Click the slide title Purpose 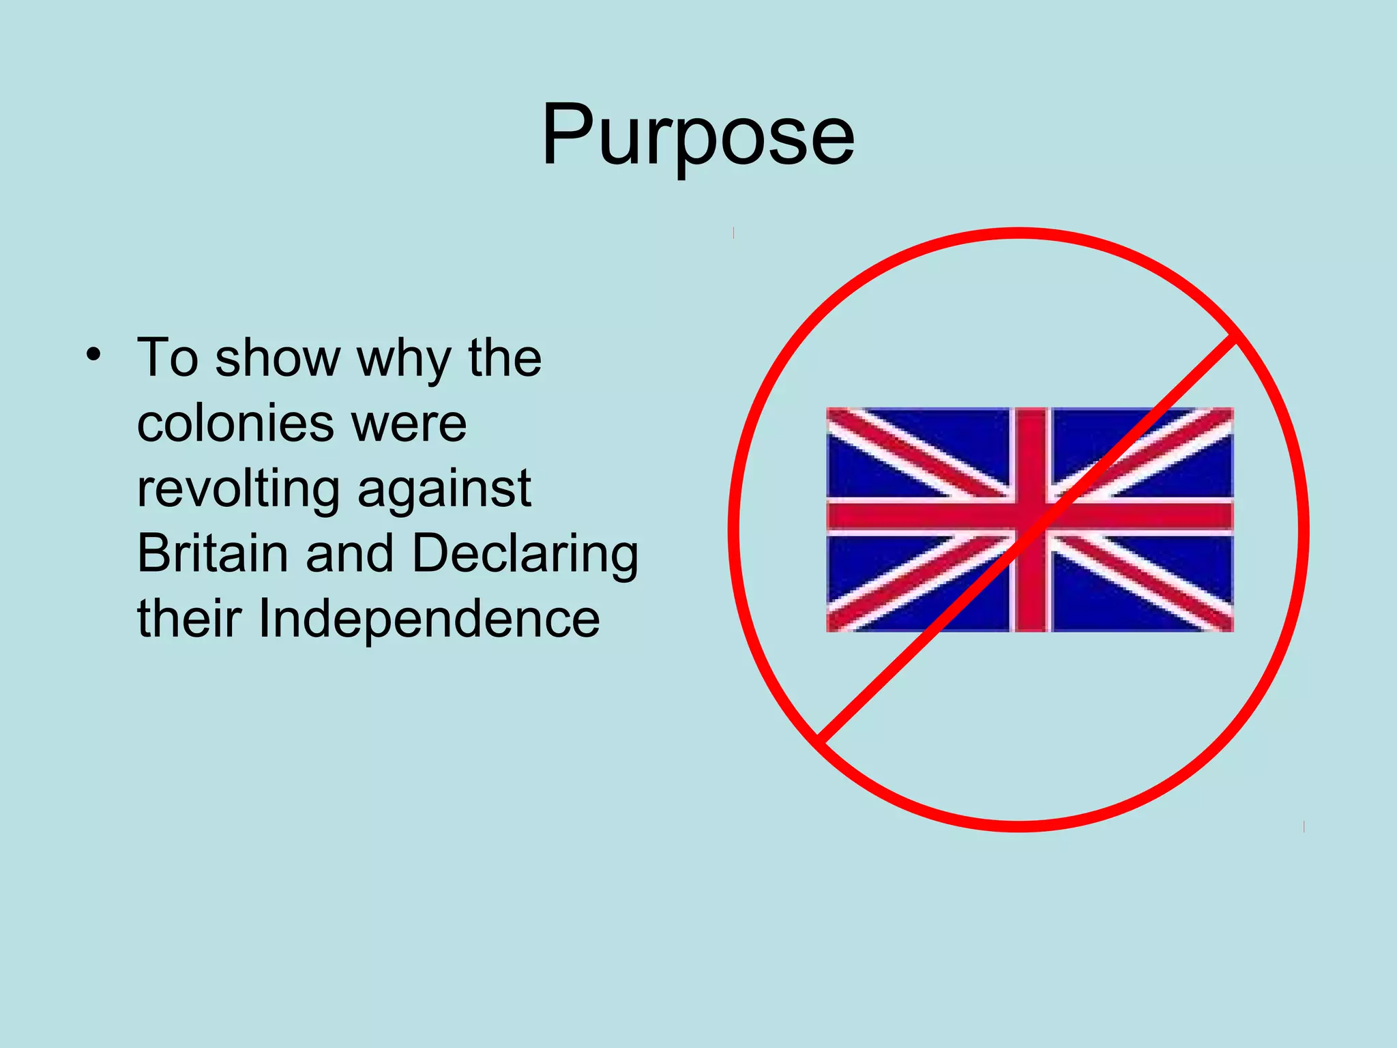pos(698,135)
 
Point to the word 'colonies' pos(235,423)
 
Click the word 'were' pos(409,424)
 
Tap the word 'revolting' pos(238,490)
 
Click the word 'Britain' pos(212,553)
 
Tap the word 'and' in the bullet pos(349,553)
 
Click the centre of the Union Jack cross pos(1030,517)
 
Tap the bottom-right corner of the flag pos(1232,630)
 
